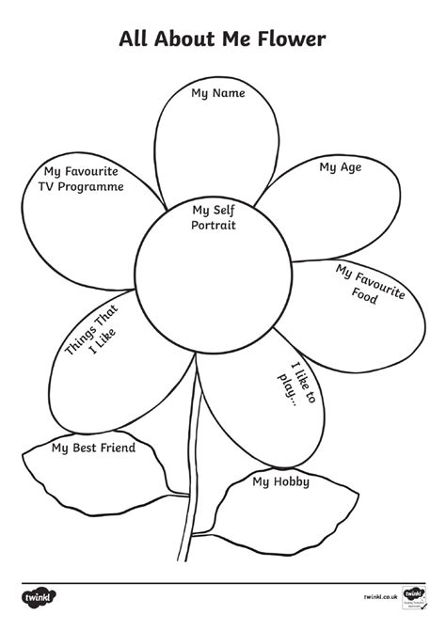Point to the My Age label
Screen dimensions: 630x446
pos(340,167)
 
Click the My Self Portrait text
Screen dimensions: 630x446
pos(214,218)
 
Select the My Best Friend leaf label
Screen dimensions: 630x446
pos(93,448)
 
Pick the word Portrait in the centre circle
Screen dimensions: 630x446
pos(214,226)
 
